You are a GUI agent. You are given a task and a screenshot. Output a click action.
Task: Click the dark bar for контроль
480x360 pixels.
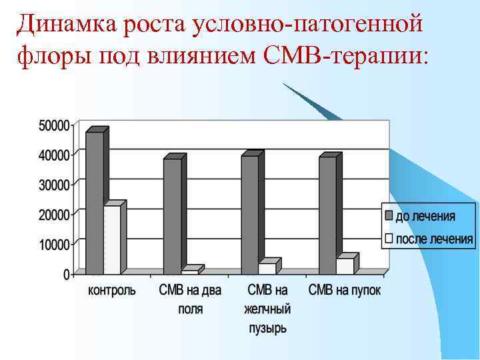click(95, 203)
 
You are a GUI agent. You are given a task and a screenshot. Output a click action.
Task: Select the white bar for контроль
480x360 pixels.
click(112, 240)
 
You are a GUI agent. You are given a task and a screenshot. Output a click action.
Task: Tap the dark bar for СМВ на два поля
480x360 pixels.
click(172, 216)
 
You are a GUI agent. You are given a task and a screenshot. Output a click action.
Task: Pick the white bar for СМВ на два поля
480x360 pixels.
click(190, 271)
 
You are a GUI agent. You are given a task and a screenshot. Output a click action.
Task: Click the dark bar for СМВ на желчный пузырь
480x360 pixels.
click(249, 215)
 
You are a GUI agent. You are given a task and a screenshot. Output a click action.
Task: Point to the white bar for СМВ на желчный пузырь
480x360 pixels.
click(267, 268)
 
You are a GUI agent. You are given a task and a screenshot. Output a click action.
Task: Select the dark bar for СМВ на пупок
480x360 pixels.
click(327, 215)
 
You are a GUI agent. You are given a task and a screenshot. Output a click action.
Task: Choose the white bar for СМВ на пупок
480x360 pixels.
click(345, 265)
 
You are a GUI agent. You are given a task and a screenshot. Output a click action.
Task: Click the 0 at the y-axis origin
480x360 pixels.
click(66, 274)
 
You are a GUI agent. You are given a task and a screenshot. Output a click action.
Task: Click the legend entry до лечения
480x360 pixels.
click(426, 216)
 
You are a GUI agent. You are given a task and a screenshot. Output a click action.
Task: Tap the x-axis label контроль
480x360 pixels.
click(112, 291)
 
